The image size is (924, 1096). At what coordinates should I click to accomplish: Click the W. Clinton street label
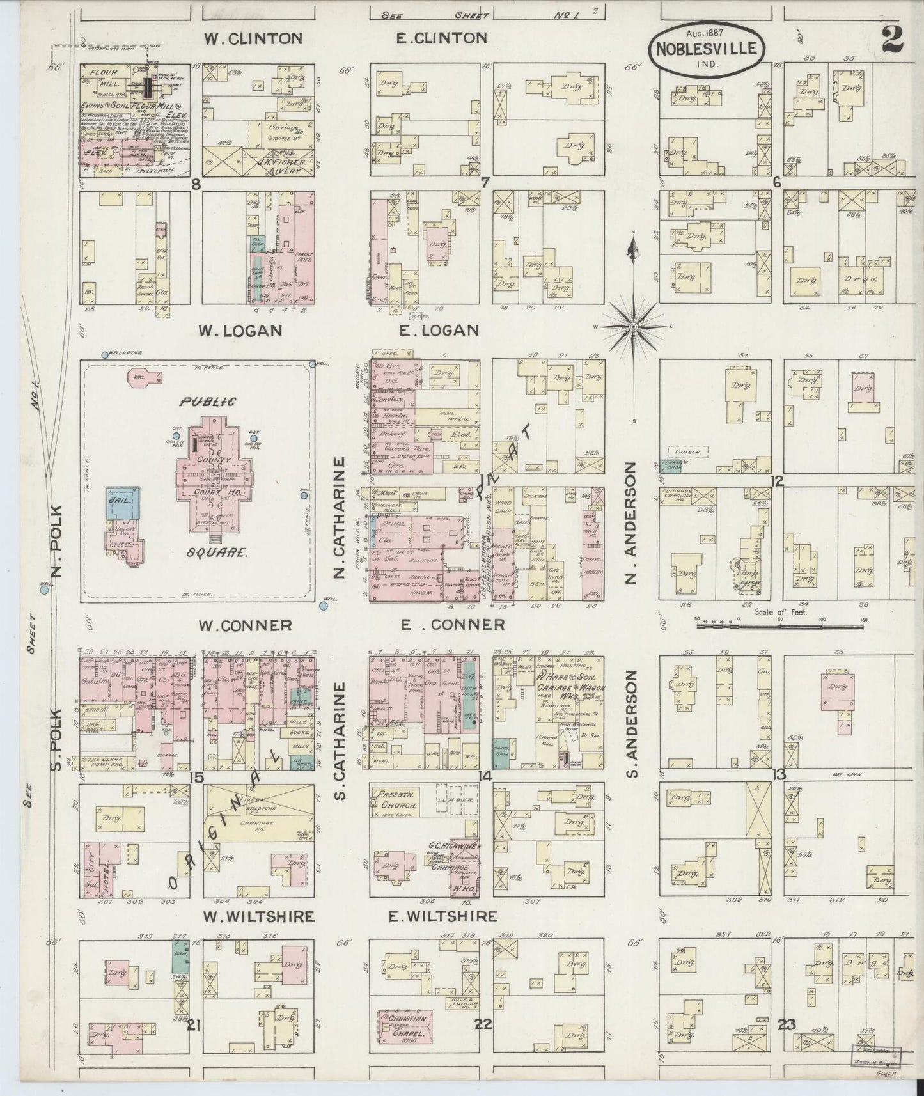pos(253,39)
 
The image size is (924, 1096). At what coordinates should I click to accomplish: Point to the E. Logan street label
pos(437,331)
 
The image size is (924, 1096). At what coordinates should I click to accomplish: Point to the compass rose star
pos(632,327)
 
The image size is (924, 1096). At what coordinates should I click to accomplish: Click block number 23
pos(786,1024)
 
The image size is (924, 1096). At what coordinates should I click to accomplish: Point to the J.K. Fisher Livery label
pos(276,173)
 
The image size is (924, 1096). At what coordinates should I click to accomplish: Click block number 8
pos(196,184)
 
